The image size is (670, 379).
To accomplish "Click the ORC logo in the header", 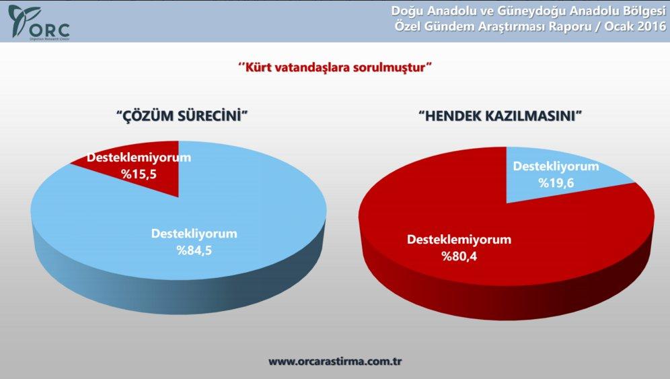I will [x=38, y=22].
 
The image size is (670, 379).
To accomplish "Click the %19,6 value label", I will [x=556, y=182].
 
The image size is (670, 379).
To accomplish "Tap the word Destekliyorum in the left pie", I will [x=193, y=234].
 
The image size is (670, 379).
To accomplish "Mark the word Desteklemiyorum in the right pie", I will [x=459, y=240].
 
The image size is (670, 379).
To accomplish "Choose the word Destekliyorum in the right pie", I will [x=556, y=166].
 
